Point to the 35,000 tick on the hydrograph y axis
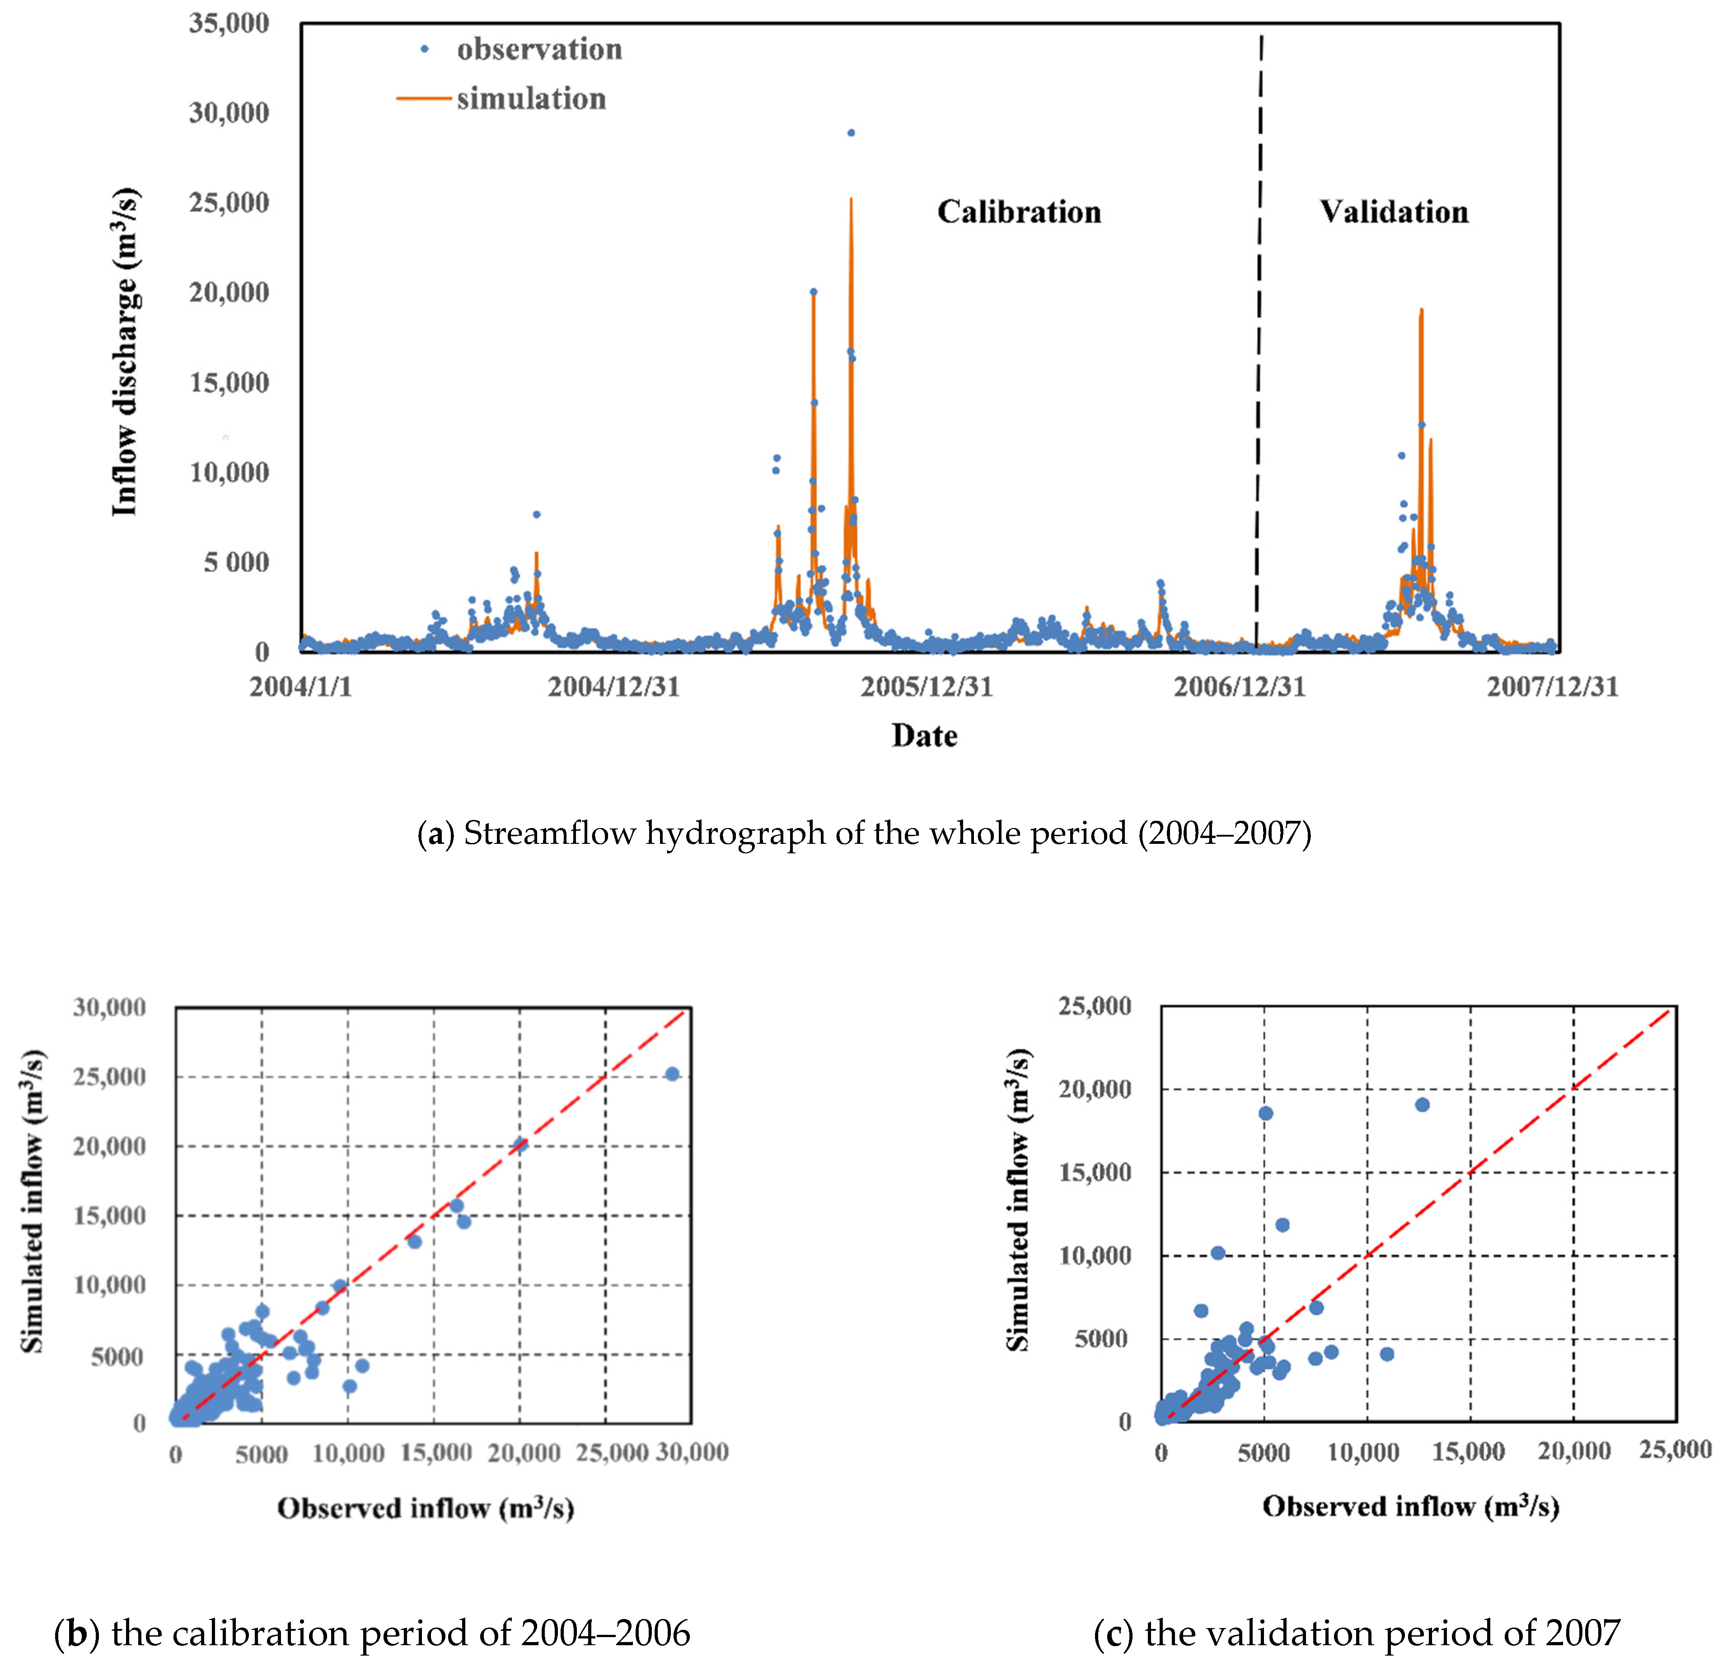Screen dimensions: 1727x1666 tap(229, 23)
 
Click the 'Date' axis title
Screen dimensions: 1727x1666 tap(924, 735)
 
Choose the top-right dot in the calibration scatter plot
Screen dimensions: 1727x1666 tap(672, 1074)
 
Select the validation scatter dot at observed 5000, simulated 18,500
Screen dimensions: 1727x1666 tap(1265, 1114)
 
